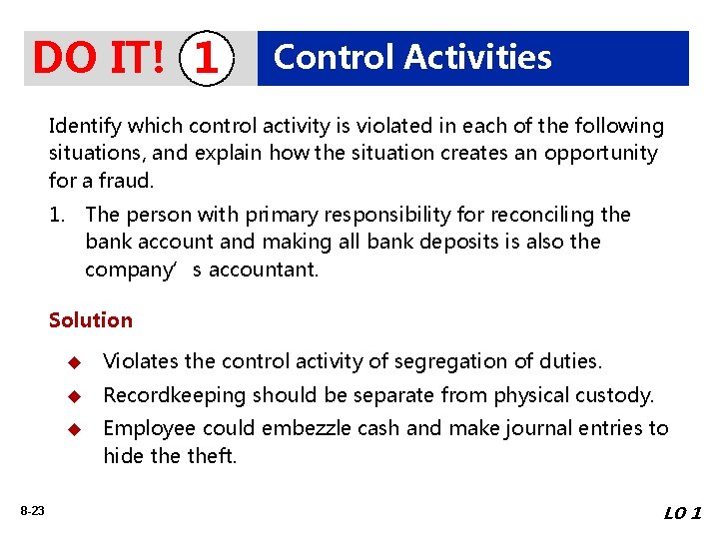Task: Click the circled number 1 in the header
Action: (206, 59)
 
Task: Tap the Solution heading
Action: (90, 320)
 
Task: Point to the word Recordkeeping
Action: (174, 395)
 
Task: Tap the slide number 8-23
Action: (31, 511)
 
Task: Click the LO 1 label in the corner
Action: (682, 513)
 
